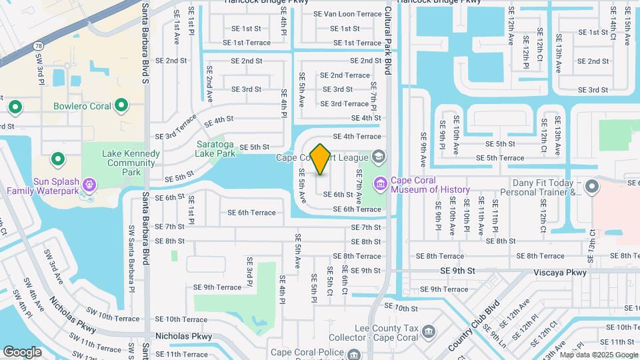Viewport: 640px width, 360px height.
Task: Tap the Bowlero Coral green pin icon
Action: [x=121, y=105]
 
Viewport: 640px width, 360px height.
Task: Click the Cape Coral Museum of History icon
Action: [x=381, y=182]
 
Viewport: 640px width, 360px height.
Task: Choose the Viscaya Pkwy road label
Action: [x=560, y=272]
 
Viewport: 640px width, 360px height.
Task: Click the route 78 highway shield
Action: [x=39, y=45]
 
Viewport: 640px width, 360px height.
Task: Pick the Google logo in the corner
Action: [x=22, y=351]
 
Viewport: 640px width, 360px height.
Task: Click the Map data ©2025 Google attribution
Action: [x=598, y=355]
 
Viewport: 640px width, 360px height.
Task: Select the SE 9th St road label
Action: [x=457, y=271]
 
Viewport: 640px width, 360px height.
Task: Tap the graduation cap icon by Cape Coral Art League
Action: [x=379, y=157]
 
